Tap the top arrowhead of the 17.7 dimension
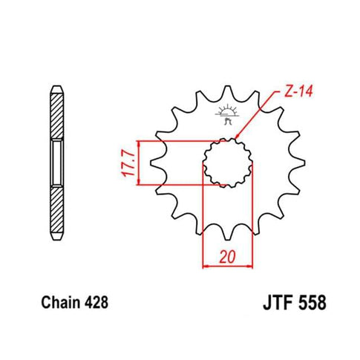coord(135,143)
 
